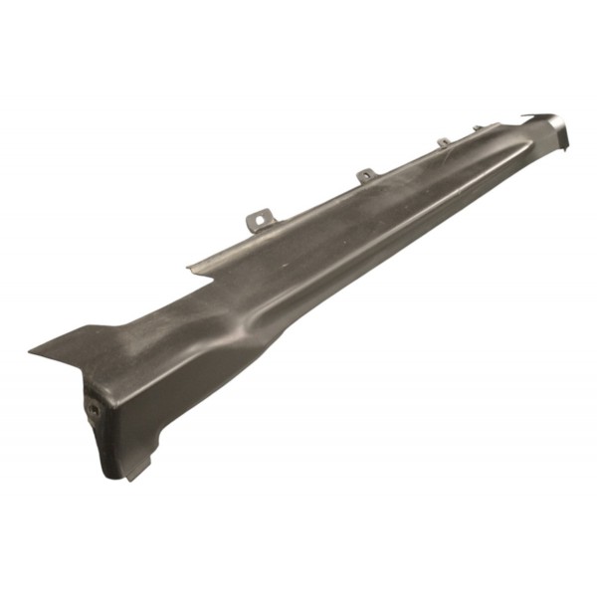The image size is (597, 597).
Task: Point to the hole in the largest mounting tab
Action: pos(262,215)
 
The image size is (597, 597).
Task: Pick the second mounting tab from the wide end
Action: pos(366,175)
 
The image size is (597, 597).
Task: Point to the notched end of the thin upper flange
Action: pos(191,267)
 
